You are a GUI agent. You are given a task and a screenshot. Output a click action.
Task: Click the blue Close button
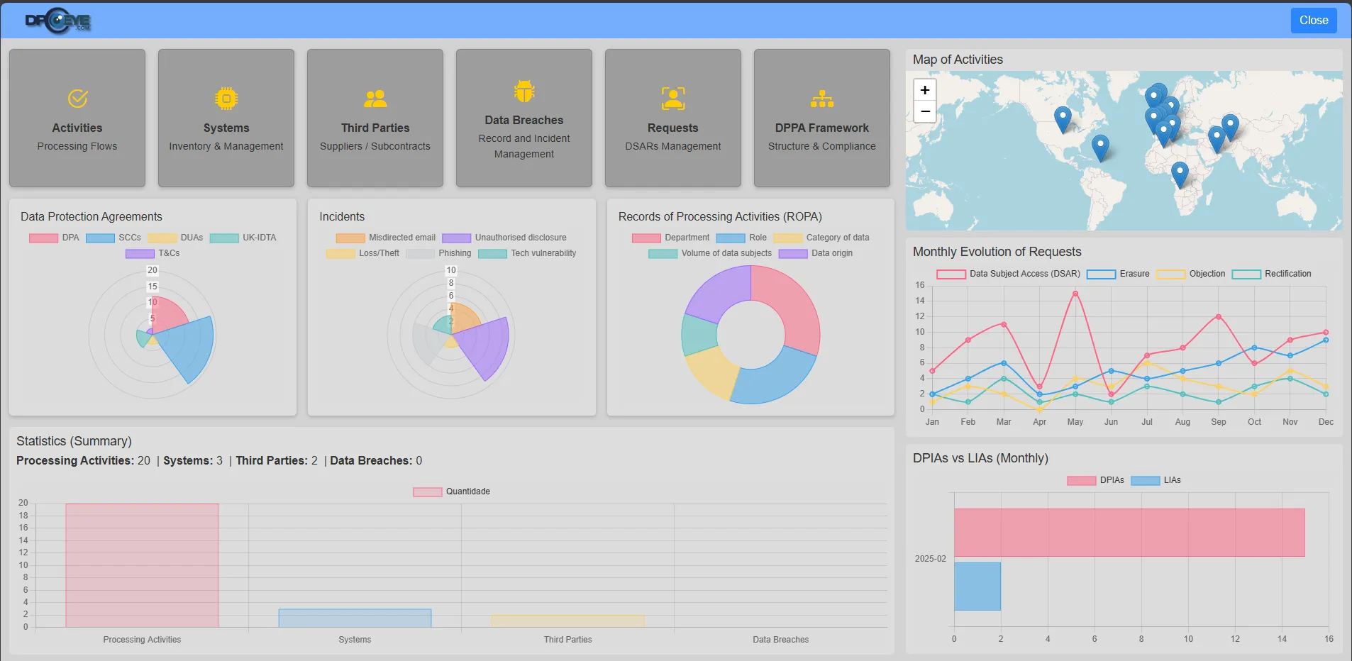[1313, 21]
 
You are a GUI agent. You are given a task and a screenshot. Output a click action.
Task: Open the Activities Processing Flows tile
[77, 118]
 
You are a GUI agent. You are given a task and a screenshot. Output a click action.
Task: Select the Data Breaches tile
[523, 118]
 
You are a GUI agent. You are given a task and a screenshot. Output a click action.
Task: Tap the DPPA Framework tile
[821, 118]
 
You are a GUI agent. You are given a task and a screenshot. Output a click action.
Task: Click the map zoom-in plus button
[924, 90]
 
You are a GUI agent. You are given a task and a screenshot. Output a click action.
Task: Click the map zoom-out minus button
[924, 112]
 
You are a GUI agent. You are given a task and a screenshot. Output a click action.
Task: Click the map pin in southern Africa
[1179, 172]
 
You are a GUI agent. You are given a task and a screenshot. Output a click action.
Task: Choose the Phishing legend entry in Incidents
[438, 253]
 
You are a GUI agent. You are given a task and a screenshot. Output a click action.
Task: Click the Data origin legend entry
[816, 253]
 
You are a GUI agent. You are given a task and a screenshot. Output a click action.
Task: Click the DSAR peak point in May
[1075, 294]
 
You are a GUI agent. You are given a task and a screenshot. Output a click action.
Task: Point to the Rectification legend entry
[1272, 274]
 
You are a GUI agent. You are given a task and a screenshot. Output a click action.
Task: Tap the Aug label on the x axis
[1182, 422]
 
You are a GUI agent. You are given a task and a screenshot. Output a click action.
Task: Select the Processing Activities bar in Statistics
[142, 565]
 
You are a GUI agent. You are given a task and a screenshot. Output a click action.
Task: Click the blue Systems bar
[355, 618]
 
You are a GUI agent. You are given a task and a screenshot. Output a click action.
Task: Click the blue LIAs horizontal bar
[977, 587]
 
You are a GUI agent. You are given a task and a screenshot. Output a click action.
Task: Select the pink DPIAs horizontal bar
[1129, 533]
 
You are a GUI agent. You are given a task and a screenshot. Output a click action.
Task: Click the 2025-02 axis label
[930, 559]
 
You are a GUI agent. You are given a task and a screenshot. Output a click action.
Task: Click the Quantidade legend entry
[452, 491]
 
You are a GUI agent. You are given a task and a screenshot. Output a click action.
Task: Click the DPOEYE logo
[58, 21]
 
